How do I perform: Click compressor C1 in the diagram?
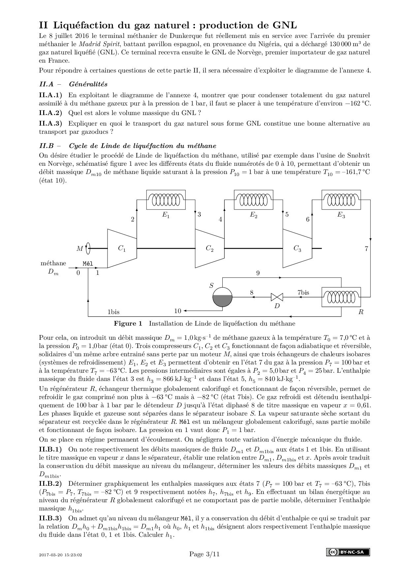coord(122,248)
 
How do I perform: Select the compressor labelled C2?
coord(209,248)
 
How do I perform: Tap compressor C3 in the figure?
coord(297,248)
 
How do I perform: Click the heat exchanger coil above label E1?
coord(166,199)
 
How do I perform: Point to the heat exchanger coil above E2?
coord(253,199)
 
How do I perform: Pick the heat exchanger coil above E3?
coord(341,199)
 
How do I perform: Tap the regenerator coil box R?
coord(341,297)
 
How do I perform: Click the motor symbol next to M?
coord(88,248)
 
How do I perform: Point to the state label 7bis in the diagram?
coord(303,292)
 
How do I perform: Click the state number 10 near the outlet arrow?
coord(178,311)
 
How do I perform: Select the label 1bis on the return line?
coord(113,312)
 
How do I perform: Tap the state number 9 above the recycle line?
coord(258,273)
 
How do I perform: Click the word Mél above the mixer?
coord(87,263)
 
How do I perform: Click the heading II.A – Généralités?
coord(73,84)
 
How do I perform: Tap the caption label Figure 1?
coord(128,323)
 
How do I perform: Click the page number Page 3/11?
coord(204,554)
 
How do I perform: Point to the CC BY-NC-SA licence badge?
coord(348,552)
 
